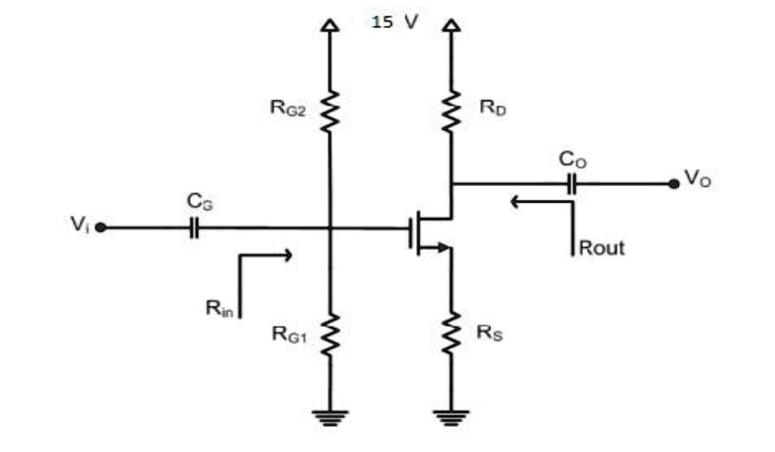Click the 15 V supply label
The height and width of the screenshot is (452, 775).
point(395,21)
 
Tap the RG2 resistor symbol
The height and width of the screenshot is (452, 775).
point(329,111)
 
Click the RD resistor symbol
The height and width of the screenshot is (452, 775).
point(451,111)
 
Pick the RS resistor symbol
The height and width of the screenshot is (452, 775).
point(451,332)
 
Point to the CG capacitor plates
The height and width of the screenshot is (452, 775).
point(194,227)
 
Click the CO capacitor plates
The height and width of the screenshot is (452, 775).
point(572,183)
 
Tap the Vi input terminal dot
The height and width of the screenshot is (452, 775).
point(100,227)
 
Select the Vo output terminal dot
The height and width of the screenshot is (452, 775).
point(674,183)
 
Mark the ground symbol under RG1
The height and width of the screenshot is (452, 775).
point(329,417)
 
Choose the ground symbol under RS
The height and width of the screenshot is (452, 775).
point(451,417)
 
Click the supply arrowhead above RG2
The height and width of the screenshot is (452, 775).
point(329,26)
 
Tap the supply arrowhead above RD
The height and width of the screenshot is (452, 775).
point(451,26)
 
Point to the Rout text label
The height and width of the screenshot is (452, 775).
point(602,248)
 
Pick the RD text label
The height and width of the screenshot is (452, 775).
point(493,108)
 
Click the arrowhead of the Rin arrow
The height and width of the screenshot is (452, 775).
point(287,255)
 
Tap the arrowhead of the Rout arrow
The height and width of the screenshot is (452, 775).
point(515,201)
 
